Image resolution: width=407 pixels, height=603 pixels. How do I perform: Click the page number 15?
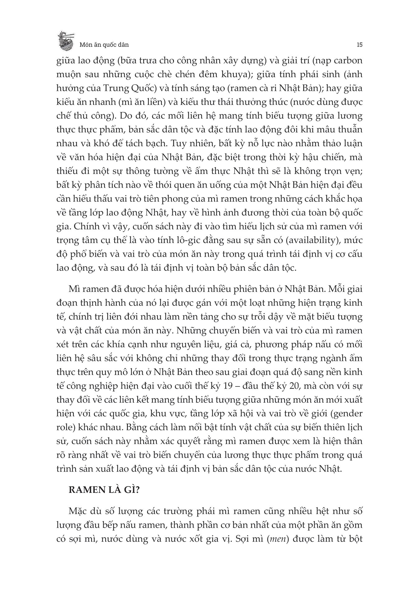coord(359,44)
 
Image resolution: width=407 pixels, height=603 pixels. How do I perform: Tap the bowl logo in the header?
coord(66,40)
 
